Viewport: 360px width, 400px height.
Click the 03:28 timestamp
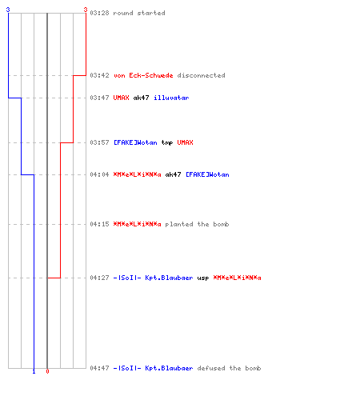click(x=99, y=13)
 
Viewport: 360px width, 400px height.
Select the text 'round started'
click(x=139, y=13)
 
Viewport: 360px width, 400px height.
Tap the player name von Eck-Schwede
click(x=143, y=75)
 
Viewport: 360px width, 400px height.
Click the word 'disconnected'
click(x=201, y=75)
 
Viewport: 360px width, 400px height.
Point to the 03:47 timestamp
click(x=99, y=98)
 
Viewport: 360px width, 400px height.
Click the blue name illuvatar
click(x=171, y=98)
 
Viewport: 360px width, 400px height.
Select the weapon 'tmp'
click(x=167, y=142)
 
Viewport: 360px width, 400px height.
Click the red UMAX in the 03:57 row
click(x=185, y=142)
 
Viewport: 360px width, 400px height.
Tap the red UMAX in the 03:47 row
click(x=121, y=98)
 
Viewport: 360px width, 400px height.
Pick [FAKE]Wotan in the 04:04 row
click(x=207, y=174)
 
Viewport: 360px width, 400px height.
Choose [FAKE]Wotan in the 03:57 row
click(x=135, y=142)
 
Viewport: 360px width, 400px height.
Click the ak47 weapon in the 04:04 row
click(x=173, y=174)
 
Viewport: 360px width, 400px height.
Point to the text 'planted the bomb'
click(x=197, y=224)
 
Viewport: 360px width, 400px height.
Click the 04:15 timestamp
click(x=99, y=224)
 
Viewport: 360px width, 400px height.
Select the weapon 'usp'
click(x=203, y=278)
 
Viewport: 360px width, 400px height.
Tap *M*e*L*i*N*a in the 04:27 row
click(x=237, y=278)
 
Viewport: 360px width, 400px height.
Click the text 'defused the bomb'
click(x=229, y=368)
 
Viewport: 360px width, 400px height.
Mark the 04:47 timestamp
click(x=99, y=368)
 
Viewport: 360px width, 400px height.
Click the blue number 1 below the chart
click(x=34, y=371)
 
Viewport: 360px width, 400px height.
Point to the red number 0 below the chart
click(x=47, y=371)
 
